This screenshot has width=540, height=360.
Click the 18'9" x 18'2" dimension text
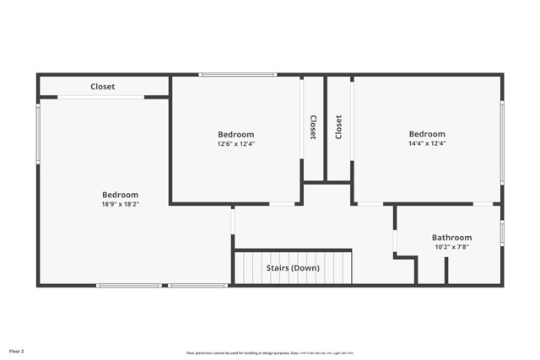[x=120, y=204]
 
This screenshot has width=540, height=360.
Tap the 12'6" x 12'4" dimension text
[x=235, y=144]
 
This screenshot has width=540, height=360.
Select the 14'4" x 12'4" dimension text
[x=427, y=143]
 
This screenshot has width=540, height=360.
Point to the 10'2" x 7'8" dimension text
[x=451, y=247]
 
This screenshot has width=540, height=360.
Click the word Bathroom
[x=451, y=238]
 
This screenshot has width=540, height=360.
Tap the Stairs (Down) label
[x=293, y=268]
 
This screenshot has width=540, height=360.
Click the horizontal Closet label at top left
[x=103, y=87]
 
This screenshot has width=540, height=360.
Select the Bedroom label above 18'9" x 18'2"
[x=120, y=195]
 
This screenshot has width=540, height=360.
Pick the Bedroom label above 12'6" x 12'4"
[x=235, y=134]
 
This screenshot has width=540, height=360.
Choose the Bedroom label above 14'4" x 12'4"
[x=427, y=134]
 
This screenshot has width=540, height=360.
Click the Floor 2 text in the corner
[x=17, y=350]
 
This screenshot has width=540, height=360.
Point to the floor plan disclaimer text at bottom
[x=270, y=353]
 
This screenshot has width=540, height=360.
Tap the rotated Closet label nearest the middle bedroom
[x=313, y=127]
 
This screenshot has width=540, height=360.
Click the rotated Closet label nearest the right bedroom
[x=338, y=127]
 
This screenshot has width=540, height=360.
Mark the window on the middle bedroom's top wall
[x=237, y=75]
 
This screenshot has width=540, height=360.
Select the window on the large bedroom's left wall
[x=38, y=133]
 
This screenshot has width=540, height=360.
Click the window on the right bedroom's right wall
[x=501, y=142]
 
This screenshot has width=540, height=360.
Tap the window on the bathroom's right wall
[x=501, y=233]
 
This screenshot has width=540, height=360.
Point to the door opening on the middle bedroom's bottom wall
[x=282, y=203]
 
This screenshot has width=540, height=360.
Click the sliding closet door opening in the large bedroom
[x=100, y=97]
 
